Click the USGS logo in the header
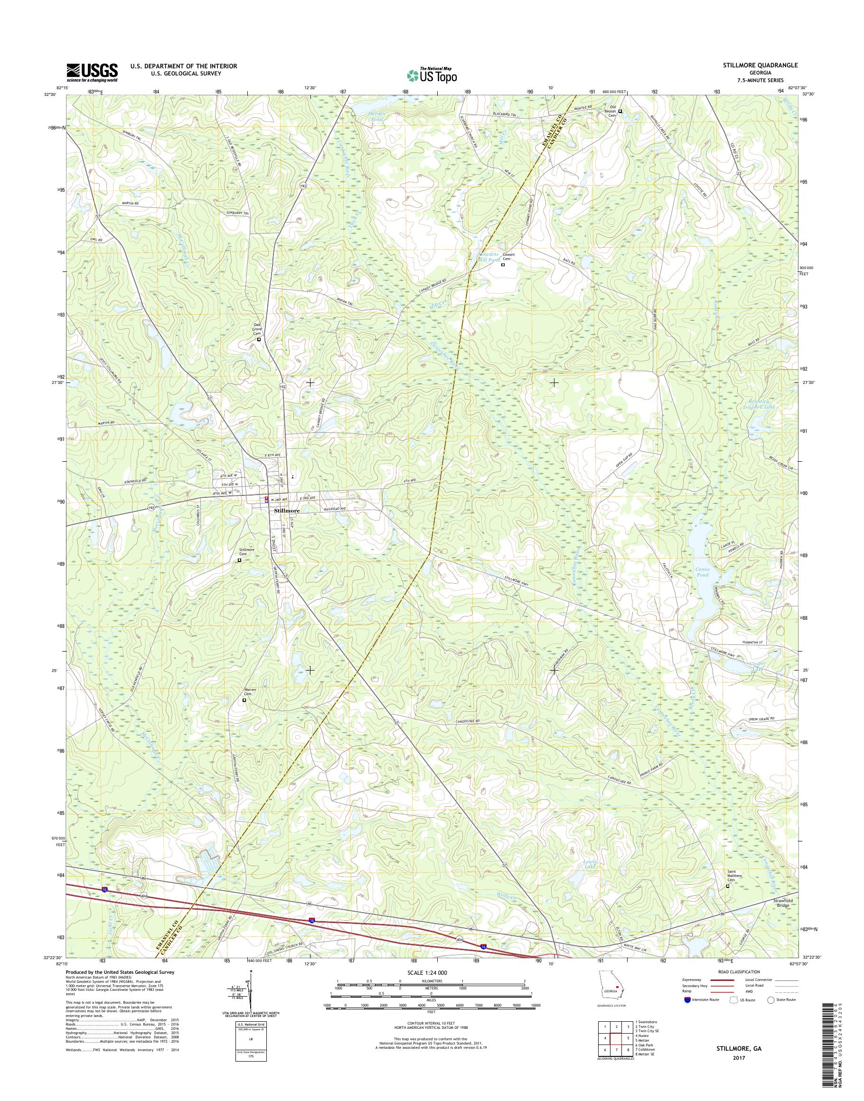92,72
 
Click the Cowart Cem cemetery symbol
503,264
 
